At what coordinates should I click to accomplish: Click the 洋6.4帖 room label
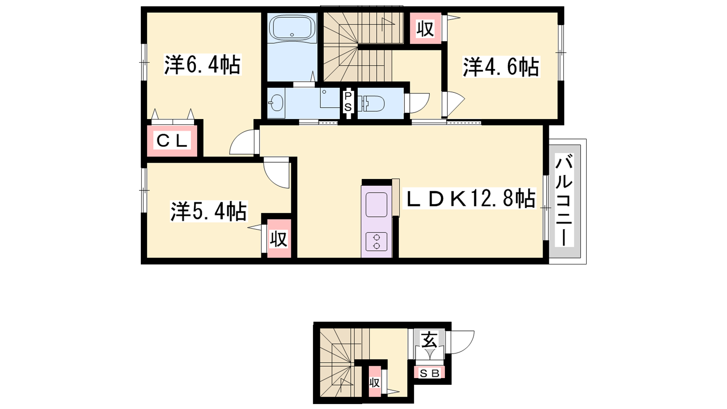click(x=203, y=65)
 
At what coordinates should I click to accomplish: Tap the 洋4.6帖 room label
click(x=501, y=67)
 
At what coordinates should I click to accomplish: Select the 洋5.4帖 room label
click(x=209, y=211)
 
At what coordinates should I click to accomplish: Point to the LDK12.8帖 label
click(x=469, y=198)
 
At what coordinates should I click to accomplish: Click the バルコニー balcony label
click(x=564, y=200)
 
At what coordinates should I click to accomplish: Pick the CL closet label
click(x=172, y=141)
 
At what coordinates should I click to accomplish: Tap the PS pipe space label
click(x=348, y=102)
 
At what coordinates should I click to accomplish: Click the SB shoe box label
click(x=429, y=374)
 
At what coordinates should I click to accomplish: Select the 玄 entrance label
click(x=429, y=339)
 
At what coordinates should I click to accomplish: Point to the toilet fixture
click(x=372, y=104)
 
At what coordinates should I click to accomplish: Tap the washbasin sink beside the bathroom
click(x=276, y=103)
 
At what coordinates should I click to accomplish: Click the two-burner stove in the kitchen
click(x=377, y=241)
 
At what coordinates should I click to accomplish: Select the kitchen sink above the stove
click(x=377, y=204)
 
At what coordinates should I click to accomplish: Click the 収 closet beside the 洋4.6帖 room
click(x=425, y=29)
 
